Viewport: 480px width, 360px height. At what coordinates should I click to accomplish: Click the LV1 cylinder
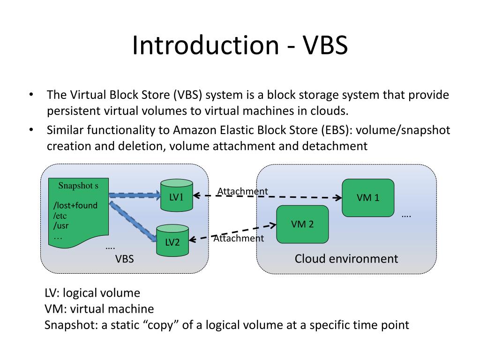[177, 195]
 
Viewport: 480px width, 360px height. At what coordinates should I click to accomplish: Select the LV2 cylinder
[172, 240]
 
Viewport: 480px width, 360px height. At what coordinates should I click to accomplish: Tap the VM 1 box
[368, 198]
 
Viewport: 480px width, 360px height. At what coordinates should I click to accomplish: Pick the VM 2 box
[302, 224]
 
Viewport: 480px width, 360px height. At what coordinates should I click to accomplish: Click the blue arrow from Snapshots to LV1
[135, 195]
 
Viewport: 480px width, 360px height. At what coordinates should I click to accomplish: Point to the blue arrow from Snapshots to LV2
[133, 221]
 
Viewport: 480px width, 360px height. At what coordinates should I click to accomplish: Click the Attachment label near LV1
[242, 191]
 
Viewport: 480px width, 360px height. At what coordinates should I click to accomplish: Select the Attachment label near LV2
[239, 238]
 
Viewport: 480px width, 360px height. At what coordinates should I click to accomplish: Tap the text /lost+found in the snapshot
[75, 205]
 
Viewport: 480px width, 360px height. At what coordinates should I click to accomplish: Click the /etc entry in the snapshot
[60, 216]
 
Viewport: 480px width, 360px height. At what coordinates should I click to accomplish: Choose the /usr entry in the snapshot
[60, 225]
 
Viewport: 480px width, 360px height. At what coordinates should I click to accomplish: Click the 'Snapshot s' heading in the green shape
[78, 186]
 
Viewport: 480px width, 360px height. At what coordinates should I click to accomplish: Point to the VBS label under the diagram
[124, 259]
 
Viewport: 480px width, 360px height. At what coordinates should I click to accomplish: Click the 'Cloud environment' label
[346, 259]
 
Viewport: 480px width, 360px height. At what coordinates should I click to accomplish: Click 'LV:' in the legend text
[52, 293]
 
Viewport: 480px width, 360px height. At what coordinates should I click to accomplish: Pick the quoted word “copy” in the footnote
[163, 325]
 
